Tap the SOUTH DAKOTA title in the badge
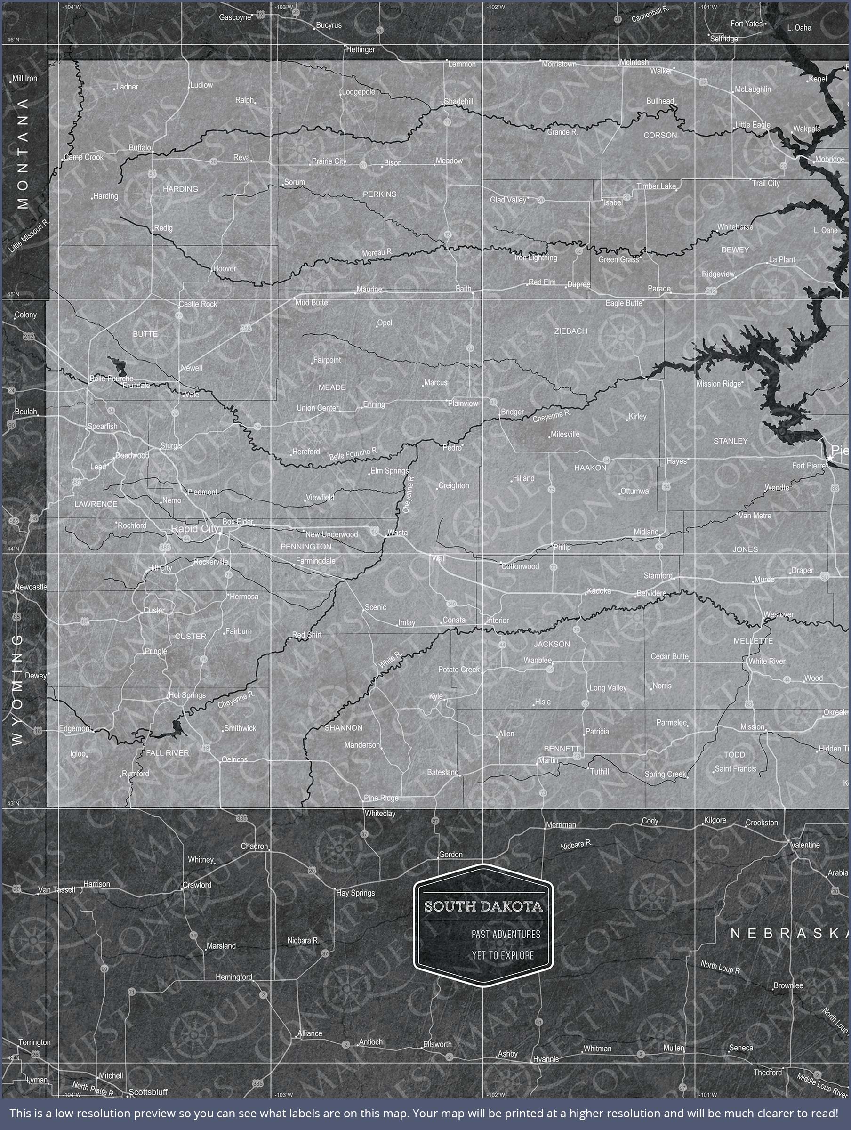pos(483,907)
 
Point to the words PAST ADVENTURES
pos(506,934)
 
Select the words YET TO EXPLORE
pos(503,955)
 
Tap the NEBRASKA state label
pos(789,934)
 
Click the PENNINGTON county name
pos(306,547)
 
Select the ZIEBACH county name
pos(570,331)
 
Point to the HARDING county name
pos(180,189)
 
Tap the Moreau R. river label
pos(377,252)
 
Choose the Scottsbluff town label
pos(148,1092)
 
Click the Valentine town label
pos(805,845)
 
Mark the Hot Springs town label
pos(187,695)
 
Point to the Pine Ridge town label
pos(381,798)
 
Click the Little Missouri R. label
pos(29,236)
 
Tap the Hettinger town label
pos(361,49)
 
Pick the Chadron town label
pos(254,847)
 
